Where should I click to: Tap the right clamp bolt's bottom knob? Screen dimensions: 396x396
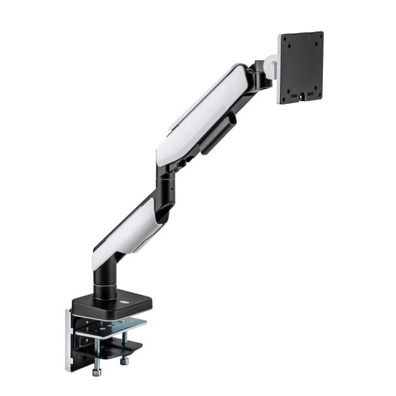click(x=125, y=360)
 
